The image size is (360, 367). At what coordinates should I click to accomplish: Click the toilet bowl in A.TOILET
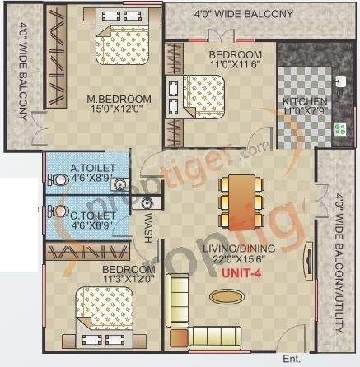(60, 177)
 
